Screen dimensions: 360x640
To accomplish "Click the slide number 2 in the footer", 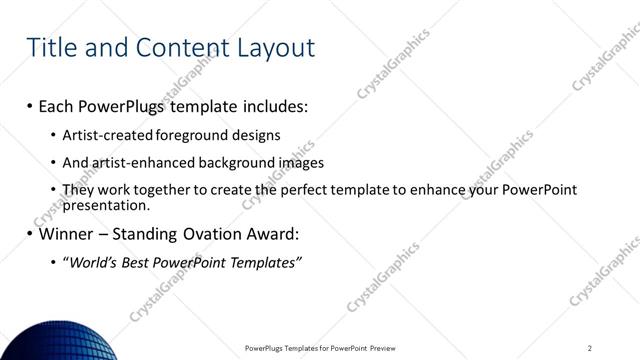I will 590,348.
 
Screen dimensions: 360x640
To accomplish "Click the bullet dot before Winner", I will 30,236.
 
